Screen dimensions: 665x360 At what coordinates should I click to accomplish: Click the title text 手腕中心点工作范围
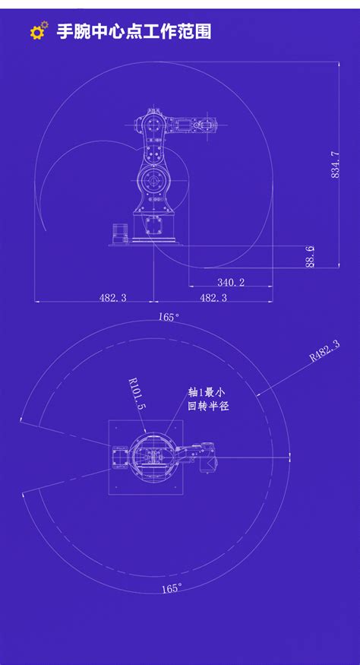pyautogui.click(x=134, y=32)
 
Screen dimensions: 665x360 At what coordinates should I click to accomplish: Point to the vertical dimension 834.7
pyautogui.click(x=335, y=165)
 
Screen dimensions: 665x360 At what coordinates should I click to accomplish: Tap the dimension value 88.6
pyautogui.click(x=310, y=256)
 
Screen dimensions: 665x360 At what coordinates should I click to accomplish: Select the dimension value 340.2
pyautogui.click(x=231, y=282)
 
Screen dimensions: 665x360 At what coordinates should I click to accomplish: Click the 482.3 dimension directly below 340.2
pyautogui.click(x=213, y=298)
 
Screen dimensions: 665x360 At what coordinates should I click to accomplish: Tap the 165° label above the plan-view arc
pyautogui.click(x=169, y=317)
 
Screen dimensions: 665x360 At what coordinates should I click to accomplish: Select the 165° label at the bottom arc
pyautogui.click(x=172, y=587)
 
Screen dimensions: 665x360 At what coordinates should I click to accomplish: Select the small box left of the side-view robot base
pyautogui.click(x=118, y=232)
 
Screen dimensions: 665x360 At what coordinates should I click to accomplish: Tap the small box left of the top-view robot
pyautogui.click(x=120, y=458)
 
